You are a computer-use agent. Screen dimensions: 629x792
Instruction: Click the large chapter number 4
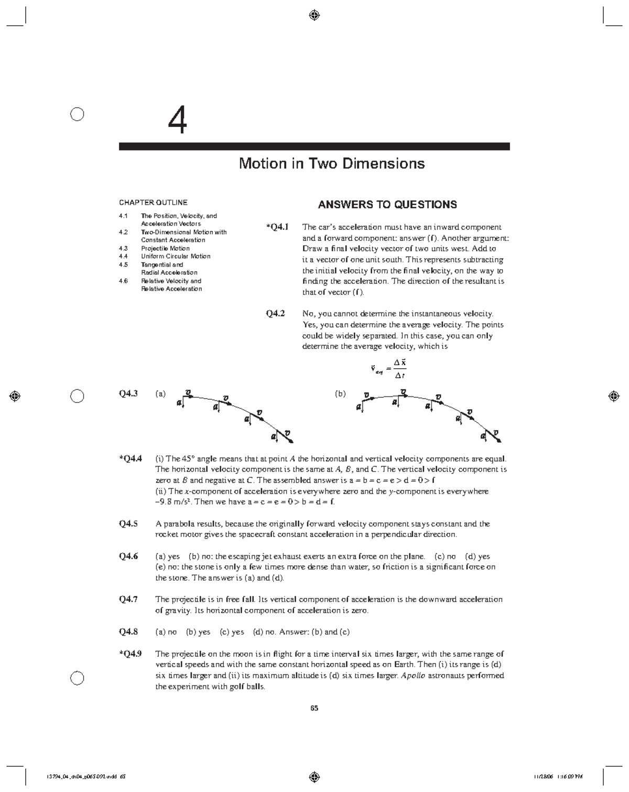177,121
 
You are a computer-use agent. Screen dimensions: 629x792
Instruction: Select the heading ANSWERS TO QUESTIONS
387,205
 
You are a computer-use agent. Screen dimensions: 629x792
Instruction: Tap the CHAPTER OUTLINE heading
153,202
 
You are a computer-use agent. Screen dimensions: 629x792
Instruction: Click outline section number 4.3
123,249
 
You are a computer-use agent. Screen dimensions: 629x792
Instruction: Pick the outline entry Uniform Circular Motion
176,256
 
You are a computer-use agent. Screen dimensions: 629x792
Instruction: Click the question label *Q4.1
277,227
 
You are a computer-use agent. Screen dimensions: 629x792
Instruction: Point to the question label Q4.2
276,314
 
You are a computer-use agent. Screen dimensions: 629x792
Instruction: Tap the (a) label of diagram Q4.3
160,393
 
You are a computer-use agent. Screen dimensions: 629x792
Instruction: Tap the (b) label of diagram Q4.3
341,393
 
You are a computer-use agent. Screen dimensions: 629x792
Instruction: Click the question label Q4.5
128,523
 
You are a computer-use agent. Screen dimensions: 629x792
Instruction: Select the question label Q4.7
128,599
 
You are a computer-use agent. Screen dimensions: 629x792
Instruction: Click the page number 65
314,708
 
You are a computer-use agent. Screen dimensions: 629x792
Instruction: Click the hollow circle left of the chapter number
77,114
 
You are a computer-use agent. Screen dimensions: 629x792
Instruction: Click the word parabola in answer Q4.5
179,523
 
